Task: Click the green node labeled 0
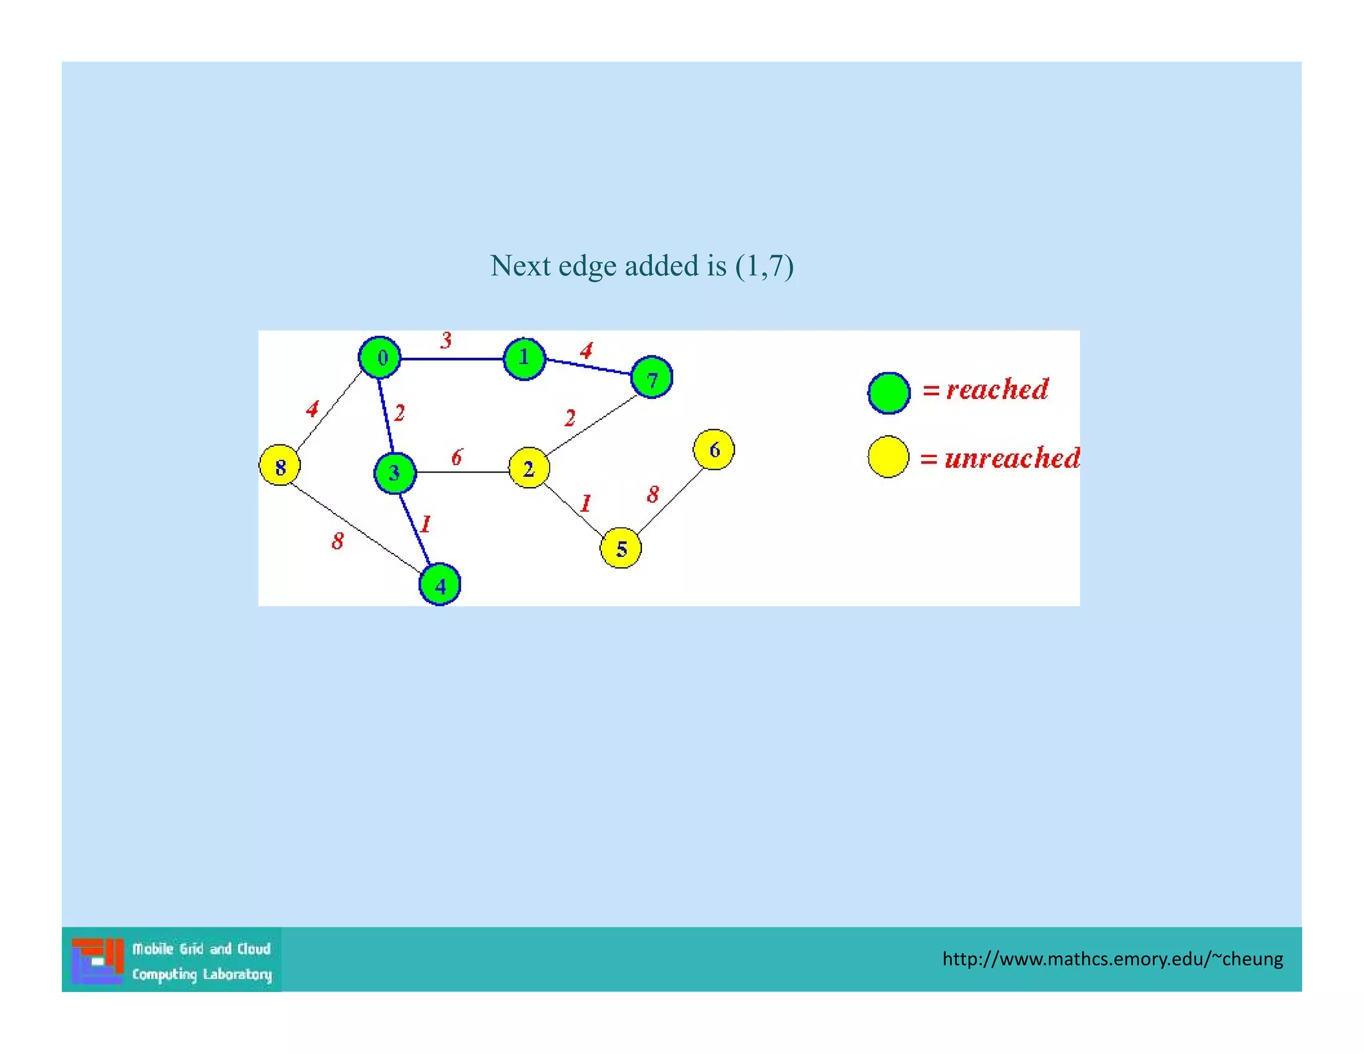pyautogui.click(x=380, y=358)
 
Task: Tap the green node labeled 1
pyautogui.click(x=524, y=358)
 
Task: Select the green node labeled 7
pyautogui.click(x=651, y=378)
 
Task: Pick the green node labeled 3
pyautogui.click(x=395, y=473)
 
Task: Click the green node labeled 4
pyautogui.click(x=440, y=585)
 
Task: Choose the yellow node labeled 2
pyautogui.click(x=529, y=468)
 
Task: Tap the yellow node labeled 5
pyautogui.click(x=621, y=548)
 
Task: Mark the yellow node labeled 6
pyautogui.click(x=714, y=450)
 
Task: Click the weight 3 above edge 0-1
pyautogui.click(x=446, y=340)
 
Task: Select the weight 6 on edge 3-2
pyautogui.click(x=456, y=457)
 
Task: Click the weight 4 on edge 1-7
pyautogui.click(x=586, y=350)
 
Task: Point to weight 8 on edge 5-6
pyautogui.click(x=653, y=494)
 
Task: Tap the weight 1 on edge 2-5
pyautogui.click(x=585, y=503)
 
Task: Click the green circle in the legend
pyautogui.click(x=889, y=393)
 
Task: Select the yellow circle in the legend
pyautogui.click(x=888, y=457)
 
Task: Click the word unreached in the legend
pyautogui.click(x=1012, y=458)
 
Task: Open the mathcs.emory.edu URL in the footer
pyautogui.click(x=1112, y=959)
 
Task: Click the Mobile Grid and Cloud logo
pyautogui.click(x=172, y=960)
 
